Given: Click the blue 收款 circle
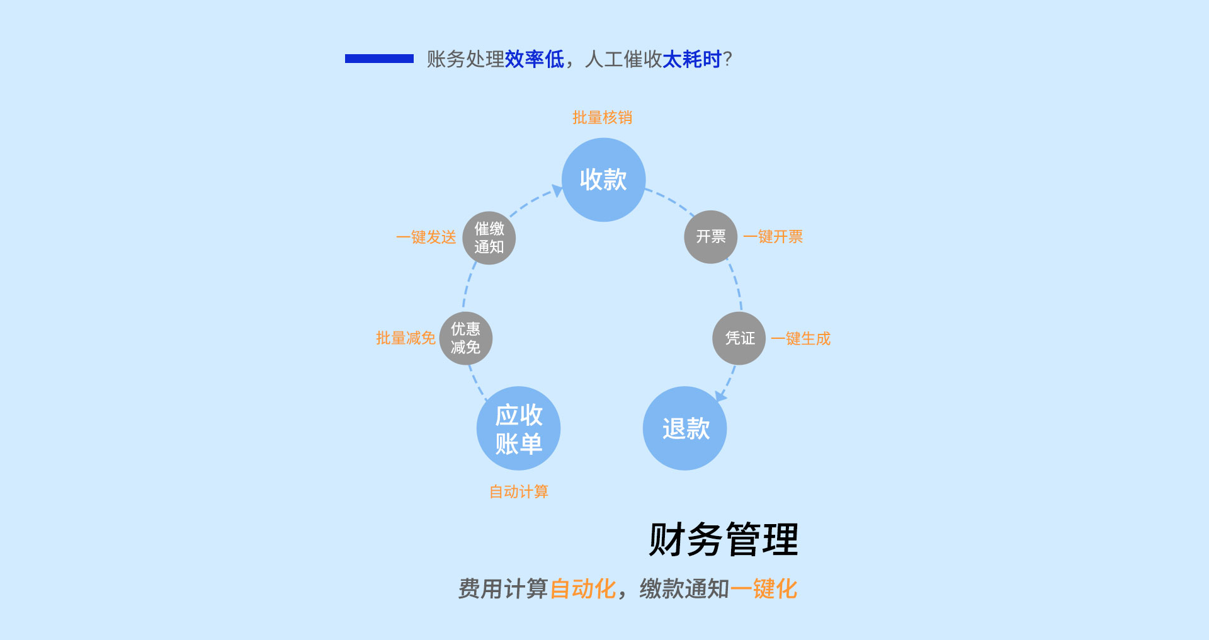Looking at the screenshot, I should pos(603,180).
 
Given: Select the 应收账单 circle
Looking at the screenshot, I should pos(518,428).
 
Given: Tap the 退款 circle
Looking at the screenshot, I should pos(685,428).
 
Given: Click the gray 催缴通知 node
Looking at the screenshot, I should pos(489,237).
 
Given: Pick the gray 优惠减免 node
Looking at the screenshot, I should pos(465,338).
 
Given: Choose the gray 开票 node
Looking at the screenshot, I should pos(710,237).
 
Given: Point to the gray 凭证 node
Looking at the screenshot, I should pos(739,338).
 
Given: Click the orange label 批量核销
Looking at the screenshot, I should pos(602,118).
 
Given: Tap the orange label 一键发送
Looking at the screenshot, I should pos(426,237).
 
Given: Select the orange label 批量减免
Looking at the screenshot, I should pos(406,338).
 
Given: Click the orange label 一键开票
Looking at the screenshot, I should pos(773,237).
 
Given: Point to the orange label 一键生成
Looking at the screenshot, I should pos(800,339).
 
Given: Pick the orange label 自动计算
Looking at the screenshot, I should pos(519,492).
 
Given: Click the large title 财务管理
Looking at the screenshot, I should pos(724,540).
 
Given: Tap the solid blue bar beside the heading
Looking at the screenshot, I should pos(379,59).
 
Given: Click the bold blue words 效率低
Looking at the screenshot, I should pos(534,59).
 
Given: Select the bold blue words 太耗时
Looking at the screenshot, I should pos(691,59).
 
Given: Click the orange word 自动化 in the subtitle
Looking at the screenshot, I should pos(582,589).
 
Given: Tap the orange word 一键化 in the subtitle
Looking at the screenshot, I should pos(763,589).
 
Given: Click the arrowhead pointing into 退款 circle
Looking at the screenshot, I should pos(720,397).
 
